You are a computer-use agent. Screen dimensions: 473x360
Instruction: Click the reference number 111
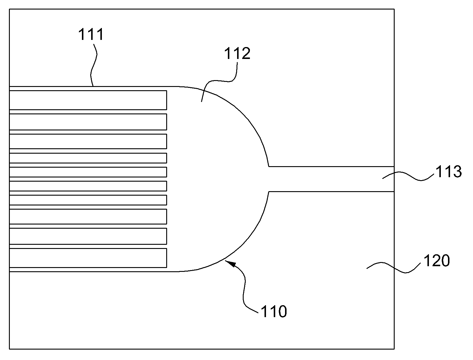[x=91, y=35]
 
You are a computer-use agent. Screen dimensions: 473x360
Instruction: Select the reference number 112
[x=237, y=53]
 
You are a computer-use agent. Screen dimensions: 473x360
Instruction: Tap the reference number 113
[x=449, y=172]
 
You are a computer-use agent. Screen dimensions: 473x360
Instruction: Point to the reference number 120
[x=437, y=261]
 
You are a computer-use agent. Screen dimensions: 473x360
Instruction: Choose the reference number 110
[x=274, y=312]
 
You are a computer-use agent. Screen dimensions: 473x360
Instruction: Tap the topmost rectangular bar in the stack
[x=88, y=100]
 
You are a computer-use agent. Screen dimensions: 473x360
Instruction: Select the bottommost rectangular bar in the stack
[x=88, y=258]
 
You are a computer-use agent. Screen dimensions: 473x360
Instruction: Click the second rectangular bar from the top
[x=88, y=122]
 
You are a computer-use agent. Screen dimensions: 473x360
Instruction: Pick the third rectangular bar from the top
[x=88, y=141]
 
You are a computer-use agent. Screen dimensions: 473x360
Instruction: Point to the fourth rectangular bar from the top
[x=88, y=158]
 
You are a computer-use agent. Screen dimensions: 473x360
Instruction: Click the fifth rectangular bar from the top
[x=88, y=172]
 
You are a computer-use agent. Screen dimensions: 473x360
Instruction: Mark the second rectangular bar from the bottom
[x=88, y=236]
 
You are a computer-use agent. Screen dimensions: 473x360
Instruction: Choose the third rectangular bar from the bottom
[x=88, y=217]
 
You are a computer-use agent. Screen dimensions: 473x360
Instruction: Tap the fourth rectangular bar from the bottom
[x=88, y=200]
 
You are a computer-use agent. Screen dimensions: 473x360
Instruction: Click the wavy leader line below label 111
[x=94, y=65]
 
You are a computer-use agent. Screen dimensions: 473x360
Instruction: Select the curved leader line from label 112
[x=218, y=81]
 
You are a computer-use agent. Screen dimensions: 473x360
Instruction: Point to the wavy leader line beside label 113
[x=408, y=176]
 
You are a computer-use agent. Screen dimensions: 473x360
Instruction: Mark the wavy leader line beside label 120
[x=393, y=267]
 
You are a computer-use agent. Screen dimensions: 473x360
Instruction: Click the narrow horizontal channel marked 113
[x=332, y=179]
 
